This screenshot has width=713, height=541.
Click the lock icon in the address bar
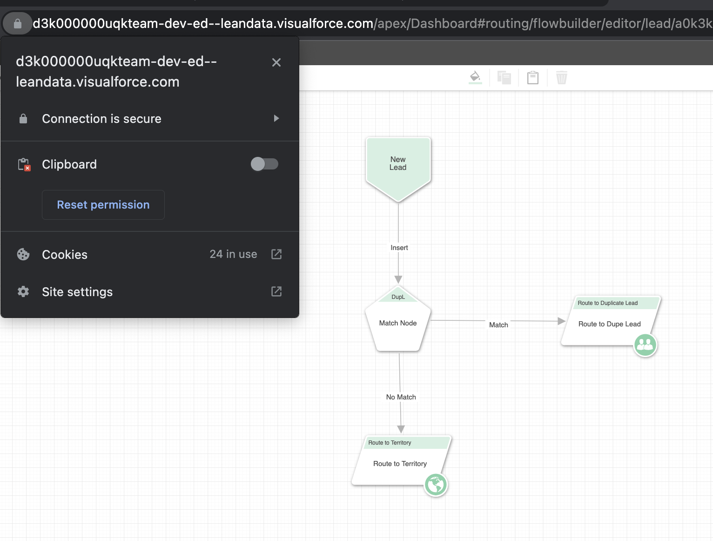(x=18, y=23)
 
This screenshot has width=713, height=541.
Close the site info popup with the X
(x=276, y=62)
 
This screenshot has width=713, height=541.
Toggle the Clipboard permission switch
(x=264, y=164)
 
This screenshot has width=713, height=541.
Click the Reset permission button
(x=103, y=205)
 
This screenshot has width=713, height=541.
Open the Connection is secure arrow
(x=276, y=118)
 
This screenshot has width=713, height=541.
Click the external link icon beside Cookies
(x=276, y=254)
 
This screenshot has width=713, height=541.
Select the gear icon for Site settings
(x=23, y=291)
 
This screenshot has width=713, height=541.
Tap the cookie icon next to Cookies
(x=23, y=254)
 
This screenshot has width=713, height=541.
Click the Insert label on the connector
(x=399, y=248)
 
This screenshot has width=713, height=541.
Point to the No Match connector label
(x=401, y=397)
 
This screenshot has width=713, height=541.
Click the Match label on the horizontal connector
(x=498, y=325)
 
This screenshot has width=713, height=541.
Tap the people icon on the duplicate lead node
(x=645, y=345)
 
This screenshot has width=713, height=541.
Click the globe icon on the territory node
(x=436, y=485)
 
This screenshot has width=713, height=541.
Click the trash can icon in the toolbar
(x=562, y=78)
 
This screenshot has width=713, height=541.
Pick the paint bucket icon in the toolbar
(x=475, y=77)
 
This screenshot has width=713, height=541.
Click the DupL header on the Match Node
(x=398, y=297)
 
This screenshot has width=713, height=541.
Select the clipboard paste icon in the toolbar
(x=533, y=78)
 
